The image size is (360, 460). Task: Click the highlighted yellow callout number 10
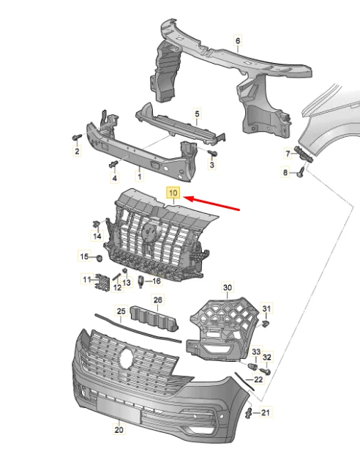(173, 193)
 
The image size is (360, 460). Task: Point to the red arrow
(213, 204)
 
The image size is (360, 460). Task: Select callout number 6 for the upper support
(238, 40)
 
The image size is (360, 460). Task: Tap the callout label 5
(197, 114)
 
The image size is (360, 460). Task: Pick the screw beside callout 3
(212, 153)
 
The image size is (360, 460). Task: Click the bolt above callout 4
(113, 164)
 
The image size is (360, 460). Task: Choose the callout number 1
(140, 177)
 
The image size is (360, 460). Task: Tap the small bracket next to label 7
(304, 154)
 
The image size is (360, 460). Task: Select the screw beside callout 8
(301, 172)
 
